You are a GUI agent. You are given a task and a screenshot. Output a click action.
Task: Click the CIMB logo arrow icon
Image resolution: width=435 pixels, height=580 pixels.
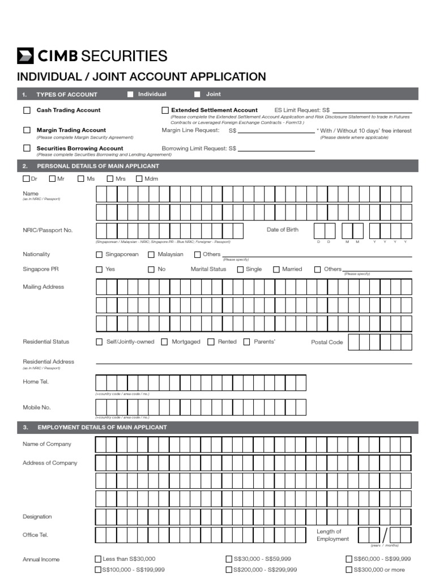tap(25, 56)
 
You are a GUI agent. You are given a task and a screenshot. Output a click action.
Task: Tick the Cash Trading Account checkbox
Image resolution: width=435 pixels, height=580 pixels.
tap(27, 110)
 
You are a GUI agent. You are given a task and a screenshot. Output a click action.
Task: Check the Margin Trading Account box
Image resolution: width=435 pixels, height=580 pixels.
tap(27, 130)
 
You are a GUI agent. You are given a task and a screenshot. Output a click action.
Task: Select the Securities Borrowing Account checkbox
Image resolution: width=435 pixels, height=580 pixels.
tap(27, 148)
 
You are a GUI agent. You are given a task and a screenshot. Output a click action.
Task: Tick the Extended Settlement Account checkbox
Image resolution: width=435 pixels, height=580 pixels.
tap(165, 110)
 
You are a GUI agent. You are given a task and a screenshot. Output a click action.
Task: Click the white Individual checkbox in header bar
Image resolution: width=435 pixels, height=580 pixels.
tap(130, 95)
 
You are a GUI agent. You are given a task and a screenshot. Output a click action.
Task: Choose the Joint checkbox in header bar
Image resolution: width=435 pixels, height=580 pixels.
tap(198, 95)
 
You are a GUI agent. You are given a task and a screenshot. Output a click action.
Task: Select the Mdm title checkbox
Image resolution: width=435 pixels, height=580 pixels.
tap(139, 179)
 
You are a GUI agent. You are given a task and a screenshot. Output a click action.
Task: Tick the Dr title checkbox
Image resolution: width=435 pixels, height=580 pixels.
tap(26, 179)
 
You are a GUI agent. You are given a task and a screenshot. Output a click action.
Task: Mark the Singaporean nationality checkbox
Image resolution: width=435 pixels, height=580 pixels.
tap(100, 255)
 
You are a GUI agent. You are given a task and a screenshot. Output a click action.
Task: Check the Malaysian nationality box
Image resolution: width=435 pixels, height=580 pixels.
tap(151, 255)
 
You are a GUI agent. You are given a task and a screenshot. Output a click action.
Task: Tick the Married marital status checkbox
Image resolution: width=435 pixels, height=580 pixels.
tap(276, 270)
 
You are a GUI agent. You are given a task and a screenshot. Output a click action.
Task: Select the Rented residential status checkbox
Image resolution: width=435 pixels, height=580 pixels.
tap(211, 342)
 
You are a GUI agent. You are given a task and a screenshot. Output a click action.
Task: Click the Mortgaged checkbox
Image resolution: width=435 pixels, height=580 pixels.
tap(164, 342)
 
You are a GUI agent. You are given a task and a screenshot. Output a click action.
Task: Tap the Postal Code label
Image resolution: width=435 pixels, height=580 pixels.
tap(327, 343)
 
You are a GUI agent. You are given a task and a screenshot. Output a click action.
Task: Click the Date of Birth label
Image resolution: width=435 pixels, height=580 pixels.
tap(282, 230)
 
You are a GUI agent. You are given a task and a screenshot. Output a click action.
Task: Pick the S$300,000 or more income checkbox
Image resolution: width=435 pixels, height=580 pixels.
tap(349, 570)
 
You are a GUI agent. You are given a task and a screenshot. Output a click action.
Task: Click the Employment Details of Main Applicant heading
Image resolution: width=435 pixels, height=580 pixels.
tap(102, 427)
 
